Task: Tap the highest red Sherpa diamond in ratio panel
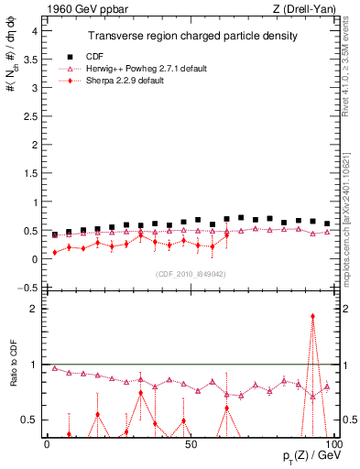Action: [x=313, y=316]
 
